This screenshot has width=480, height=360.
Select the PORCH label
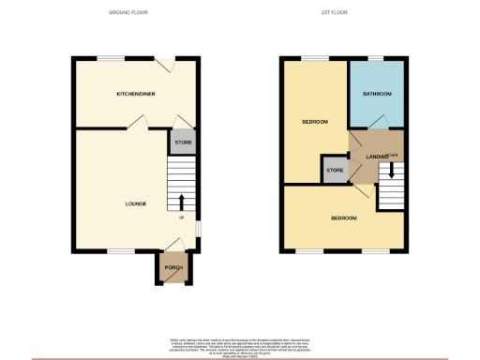(x=173, y=268)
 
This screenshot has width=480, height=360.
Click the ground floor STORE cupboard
(x=183, y=143)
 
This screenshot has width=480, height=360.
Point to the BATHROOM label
(x=376, y=95)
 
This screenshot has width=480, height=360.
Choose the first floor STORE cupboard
(x=335, y=171)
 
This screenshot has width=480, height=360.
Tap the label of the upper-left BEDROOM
(x=313, y=123)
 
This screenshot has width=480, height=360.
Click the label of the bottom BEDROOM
(x=343, y=218)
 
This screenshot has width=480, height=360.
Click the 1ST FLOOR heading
(x=344, y=12)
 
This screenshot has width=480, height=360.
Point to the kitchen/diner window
(x=112, y=58)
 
